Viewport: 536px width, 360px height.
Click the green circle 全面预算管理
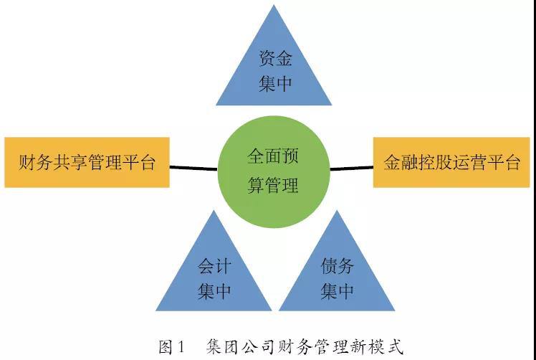point(274,172)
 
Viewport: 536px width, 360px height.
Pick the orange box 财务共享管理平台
point(87,162)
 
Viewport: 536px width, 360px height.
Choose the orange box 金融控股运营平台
point(451,162)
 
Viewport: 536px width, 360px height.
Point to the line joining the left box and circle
point(193,168)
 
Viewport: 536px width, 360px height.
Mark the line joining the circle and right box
point(351,168)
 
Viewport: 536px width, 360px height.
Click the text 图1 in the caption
point(171,347)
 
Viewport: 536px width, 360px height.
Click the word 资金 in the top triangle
point(275,58)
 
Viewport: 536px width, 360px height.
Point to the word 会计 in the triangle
point(214,266)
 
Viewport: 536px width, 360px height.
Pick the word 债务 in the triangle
point(337,266)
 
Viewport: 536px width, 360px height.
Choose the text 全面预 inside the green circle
point(273,156)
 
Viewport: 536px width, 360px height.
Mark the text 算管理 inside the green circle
point(273,185)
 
